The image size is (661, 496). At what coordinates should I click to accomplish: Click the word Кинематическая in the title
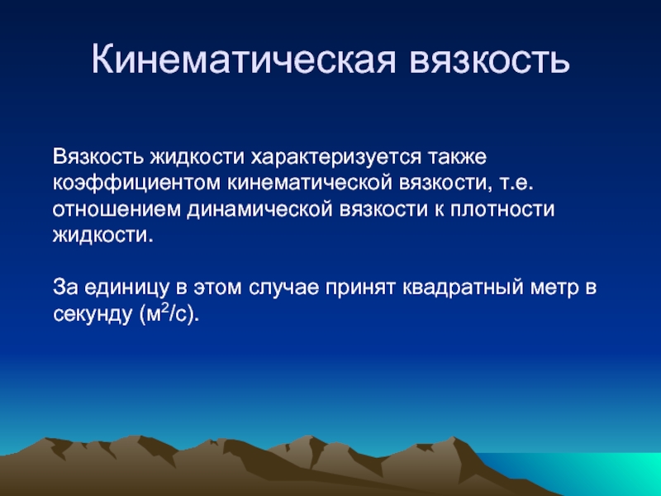tap(244, 59)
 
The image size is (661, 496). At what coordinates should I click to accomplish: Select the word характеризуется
tap(336, 157)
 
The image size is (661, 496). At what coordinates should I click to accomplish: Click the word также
tap(457, 156)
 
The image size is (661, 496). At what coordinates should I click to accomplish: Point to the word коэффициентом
tap(136, 183)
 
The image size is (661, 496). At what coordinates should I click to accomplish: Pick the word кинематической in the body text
tap(310, 183)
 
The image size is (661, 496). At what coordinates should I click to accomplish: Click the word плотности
tap(502, 210)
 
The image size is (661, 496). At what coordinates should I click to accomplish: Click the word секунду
tap(93, 315)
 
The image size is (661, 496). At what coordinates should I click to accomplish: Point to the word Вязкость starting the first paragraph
tap(98, 157)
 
